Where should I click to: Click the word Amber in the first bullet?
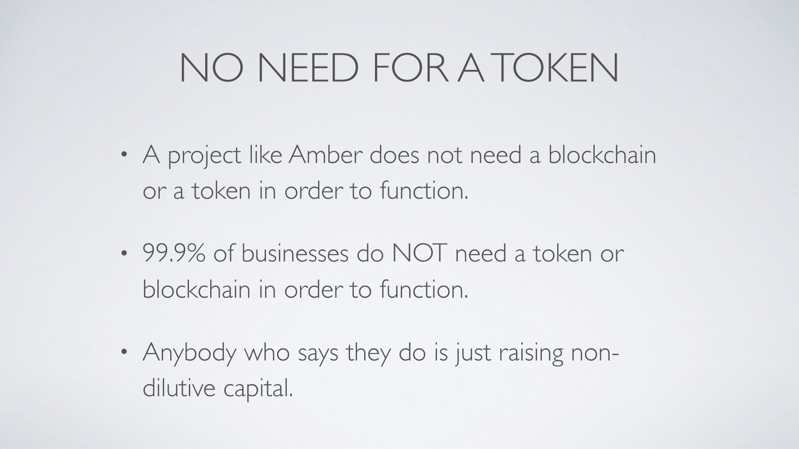pos(325,155)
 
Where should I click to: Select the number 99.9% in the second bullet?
pos(174,253)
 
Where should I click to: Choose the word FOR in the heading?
pos(410,67)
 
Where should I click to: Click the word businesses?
pos(295,253)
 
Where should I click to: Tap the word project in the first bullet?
pos(204,157)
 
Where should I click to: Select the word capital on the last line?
pos(258,390)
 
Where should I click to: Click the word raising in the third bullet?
pos(531,354)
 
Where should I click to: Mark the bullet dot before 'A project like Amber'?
pos(124,155)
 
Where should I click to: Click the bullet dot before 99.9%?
pos(124,253)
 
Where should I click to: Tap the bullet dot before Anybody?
pos(124,352)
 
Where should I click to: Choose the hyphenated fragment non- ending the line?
pos(594,353)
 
